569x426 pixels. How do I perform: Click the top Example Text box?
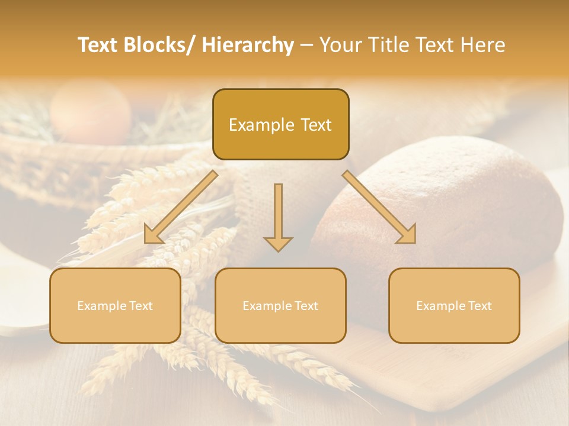point(280,124)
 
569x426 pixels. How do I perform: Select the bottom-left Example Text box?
point(115,305)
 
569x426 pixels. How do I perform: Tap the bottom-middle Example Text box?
point(280,305)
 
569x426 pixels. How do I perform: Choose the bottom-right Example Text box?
point(454,305)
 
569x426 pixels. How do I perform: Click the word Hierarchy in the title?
point(248,45)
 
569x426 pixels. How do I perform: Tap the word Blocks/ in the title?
point(162,45)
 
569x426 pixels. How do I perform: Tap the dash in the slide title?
point(306,45)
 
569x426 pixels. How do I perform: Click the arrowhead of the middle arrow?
point(278,243)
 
